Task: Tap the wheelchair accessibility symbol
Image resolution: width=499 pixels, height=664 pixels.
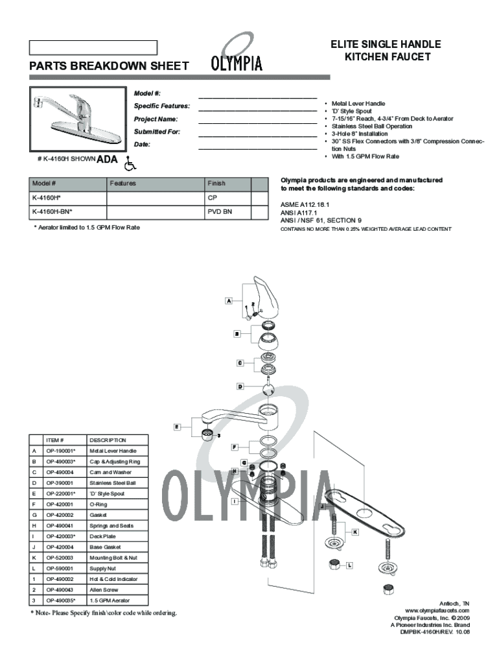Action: [x=130, y=160]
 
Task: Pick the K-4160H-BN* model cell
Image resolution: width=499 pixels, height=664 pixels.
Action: [x=67, y=211]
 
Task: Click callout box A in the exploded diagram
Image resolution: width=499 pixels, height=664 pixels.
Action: [x=229, y=301]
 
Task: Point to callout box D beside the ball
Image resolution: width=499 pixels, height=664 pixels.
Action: [x=240, y=386]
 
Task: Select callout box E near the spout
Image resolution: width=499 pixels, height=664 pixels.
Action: [x=176, y=427]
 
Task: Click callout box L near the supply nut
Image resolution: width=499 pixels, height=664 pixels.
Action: [x=349, y=565]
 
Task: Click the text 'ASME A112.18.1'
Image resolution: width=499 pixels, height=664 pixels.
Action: [x=304, y=204]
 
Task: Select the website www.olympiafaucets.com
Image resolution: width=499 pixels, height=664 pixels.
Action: [x=437, y=611]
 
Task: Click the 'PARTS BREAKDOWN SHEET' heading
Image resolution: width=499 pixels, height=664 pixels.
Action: [x=109, y=66]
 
